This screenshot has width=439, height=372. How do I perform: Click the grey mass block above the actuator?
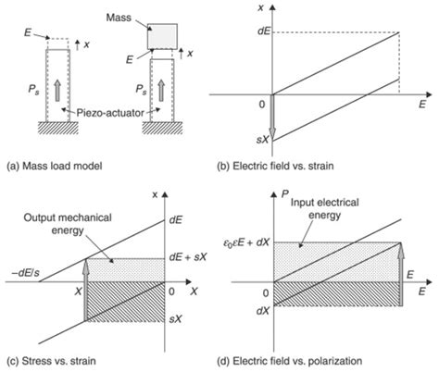tap(162, 36)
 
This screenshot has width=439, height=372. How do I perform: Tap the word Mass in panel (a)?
tap(119, 18)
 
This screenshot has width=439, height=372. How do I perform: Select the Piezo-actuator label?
tap(110, 113)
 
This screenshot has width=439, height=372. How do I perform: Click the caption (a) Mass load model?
tap(55, 166)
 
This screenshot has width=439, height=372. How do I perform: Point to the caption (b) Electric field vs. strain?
tap(275, 166)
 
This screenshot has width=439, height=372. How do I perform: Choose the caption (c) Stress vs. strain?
tap(51, 361)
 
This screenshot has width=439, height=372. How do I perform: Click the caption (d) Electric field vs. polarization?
tap(297, 361)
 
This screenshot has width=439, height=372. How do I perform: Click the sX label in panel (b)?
tap(263, 140)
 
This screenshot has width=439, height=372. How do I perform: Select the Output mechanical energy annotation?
tap(68, 224)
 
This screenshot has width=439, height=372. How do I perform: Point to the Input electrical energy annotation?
tap(325, 208)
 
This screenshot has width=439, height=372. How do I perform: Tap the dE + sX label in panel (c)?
tap(188, 257)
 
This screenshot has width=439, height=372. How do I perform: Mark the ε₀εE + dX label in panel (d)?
tap(246, 242)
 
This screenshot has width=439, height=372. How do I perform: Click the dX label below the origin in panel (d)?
tap(263, 311)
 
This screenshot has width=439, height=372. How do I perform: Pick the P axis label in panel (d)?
tap(285, 193)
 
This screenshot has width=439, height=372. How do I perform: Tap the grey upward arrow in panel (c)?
tap(86, 290)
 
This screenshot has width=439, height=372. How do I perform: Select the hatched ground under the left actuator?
tap(57, 128)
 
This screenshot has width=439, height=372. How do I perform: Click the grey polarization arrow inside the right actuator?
tap(161, 91)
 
